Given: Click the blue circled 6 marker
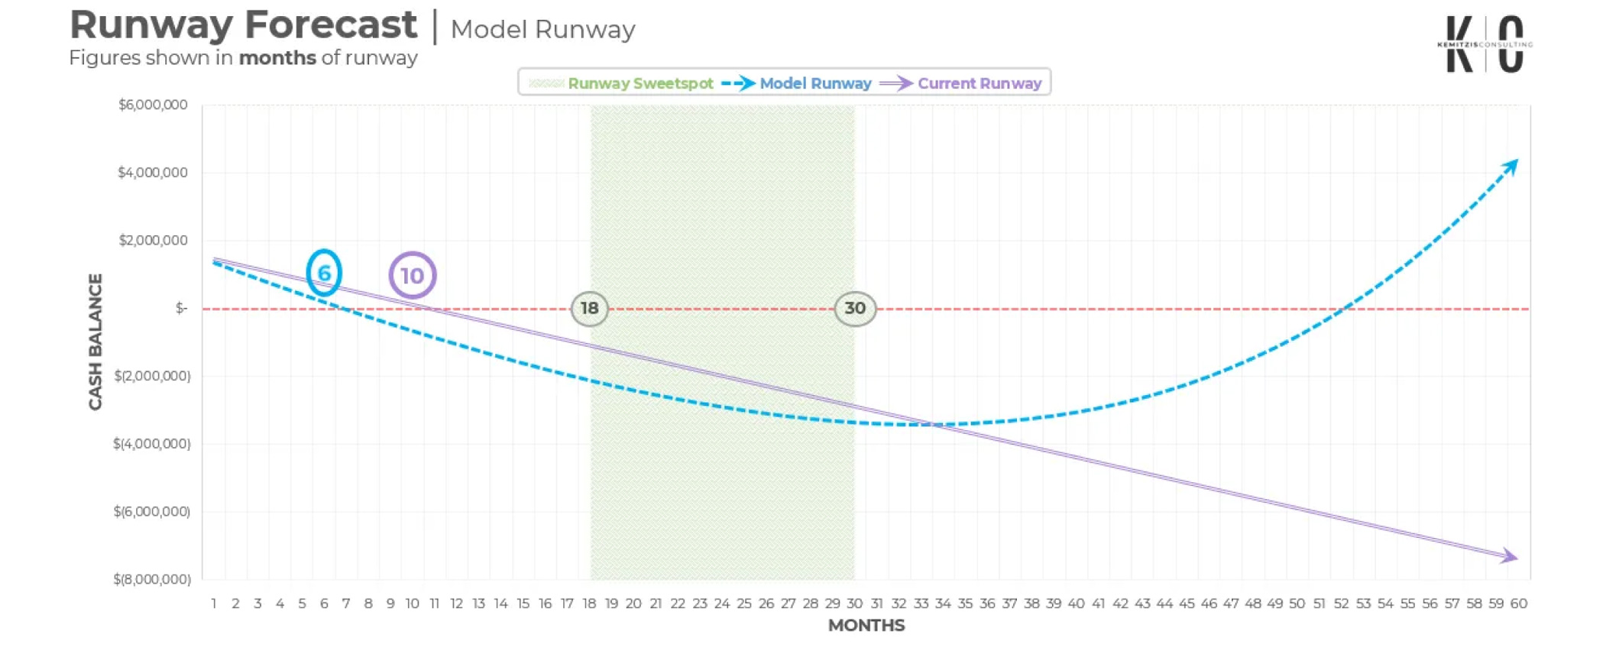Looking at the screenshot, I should (x=324, y=273).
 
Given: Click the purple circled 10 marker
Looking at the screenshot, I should (x=413, y=275).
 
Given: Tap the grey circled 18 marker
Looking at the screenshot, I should (x=589, y=309).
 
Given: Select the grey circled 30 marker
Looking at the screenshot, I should (x=855, y=309).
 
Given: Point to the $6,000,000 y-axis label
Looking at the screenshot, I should (x=153, y=105).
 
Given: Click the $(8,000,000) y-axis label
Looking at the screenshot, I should (x=152, y=579).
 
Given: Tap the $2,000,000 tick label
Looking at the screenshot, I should (x=153, y=240).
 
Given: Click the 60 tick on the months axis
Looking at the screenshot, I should (x=1518, y=604).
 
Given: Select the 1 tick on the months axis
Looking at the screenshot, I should (x=214, y=604).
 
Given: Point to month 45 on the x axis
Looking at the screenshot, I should (x=1187, y=604).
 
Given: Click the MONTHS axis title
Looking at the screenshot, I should (x=866, y=626).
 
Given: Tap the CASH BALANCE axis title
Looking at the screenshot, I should (x=96, y=342).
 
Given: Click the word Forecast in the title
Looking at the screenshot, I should (x=330, y=25).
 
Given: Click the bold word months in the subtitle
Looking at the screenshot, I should (x=277, y=58).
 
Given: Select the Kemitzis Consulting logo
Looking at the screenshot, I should (x=1485, y=44).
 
